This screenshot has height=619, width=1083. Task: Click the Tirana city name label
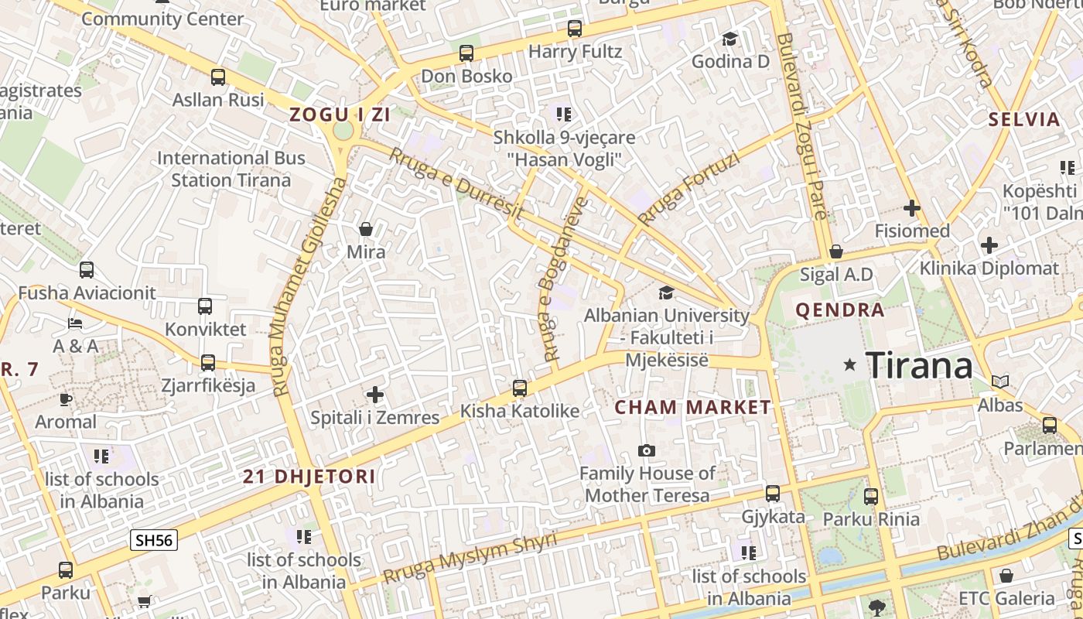(918, 364)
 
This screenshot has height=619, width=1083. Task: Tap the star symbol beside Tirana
(850, 364)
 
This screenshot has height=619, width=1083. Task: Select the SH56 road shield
(154, 540)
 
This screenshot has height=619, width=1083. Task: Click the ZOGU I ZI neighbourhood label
(340, 115)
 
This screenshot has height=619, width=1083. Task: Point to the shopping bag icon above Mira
(366, 229)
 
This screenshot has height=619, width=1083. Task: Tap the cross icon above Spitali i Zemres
(375, 395)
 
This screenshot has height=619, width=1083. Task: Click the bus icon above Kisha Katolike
(520, 388)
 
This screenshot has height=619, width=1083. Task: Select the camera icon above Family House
(647, 450)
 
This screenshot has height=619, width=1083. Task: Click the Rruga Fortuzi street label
(689, 187)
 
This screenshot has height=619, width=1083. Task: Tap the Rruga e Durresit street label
(456, 183)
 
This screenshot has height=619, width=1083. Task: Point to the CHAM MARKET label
(692, 407)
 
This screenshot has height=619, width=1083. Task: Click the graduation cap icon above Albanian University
(666, 292)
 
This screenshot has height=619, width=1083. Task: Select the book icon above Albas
(1000, 381)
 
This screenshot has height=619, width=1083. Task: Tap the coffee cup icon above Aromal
(66, 399)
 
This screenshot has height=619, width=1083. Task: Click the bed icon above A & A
(75, 323)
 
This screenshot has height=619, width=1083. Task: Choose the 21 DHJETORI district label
(309, 477)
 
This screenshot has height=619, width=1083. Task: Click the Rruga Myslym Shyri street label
(470, 558)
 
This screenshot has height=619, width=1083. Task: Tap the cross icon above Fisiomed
(912, 208)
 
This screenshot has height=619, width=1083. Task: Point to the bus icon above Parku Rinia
(871, 496)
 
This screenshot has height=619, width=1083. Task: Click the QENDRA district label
(840, 310)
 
